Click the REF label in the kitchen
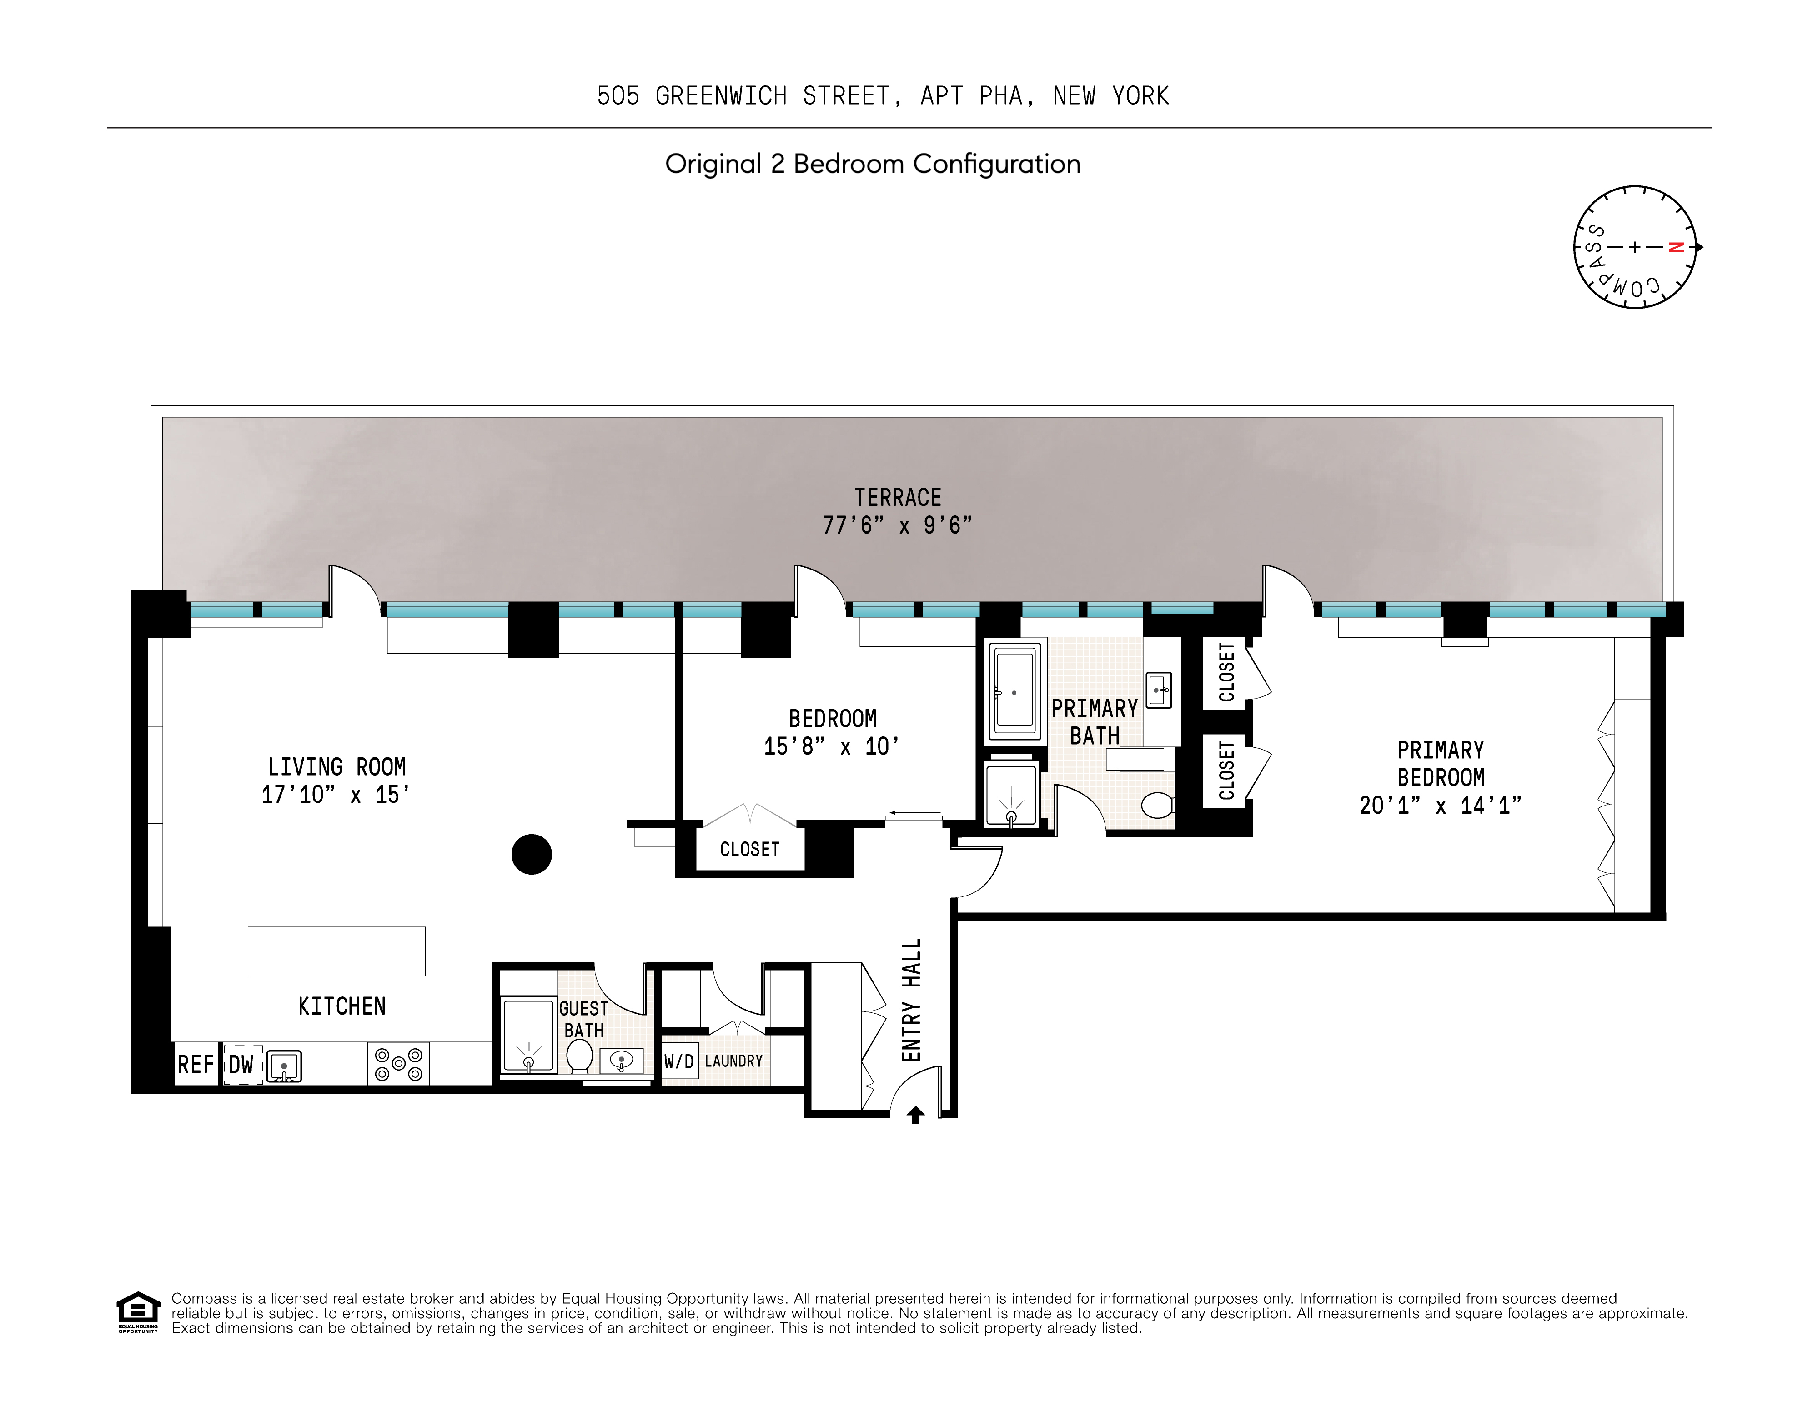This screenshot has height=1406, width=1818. (x=196, y=1064)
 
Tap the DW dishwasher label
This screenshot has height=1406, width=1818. (x=241, y=1064)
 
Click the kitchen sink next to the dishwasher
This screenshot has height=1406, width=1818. (x=284, y=1066)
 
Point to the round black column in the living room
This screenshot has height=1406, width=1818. (x=531, y=855)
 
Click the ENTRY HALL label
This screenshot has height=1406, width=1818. (x=912, y=1000)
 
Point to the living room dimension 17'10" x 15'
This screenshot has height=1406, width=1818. (x=336, y=795)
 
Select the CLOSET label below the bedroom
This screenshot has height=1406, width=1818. (x=749, y=850)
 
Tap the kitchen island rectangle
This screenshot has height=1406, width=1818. (x=336, y=951)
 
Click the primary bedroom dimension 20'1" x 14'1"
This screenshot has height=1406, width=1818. (x=1440, y=806)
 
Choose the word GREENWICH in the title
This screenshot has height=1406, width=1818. (x=721, y=96)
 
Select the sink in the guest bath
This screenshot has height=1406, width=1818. (x=621, y=1061)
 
